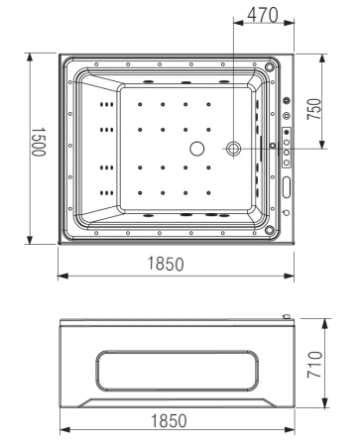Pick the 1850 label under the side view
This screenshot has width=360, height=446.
pos(176,421)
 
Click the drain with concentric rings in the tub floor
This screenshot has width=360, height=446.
pos(234,149)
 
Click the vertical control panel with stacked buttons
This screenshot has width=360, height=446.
pos(287,148)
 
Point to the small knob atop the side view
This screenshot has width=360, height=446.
pos(287,317)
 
